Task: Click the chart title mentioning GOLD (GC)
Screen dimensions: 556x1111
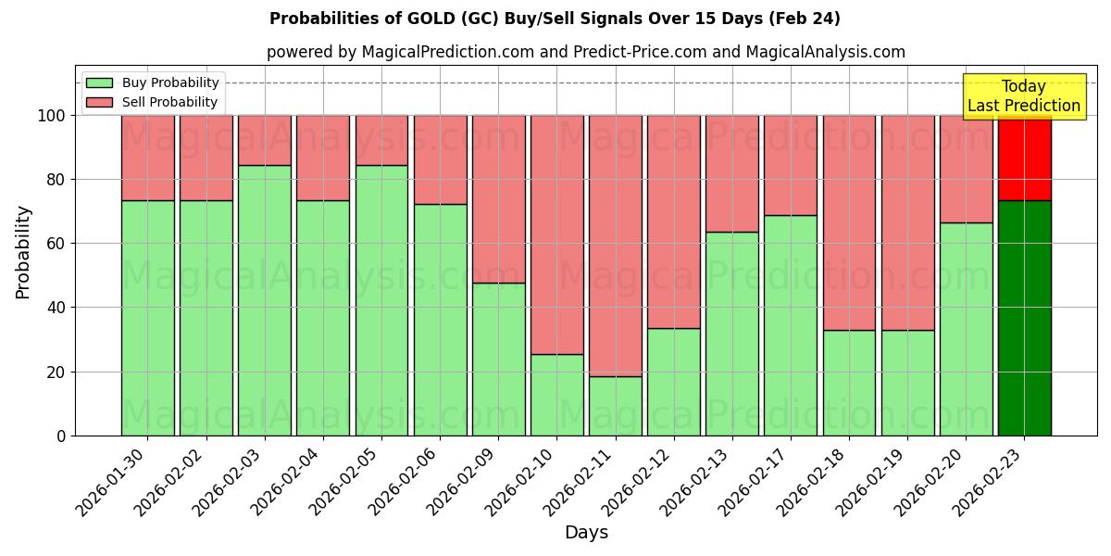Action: [555, 19]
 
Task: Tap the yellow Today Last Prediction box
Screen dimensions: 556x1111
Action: [1023, 96]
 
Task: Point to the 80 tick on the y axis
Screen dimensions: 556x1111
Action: [56, 180]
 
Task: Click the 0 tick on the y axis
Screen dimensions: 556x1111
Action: [61, 436]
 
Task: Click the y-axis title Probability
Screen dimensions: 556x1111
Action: [23, 252]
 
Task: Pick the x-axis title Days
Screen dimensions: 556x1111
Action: [586, 533]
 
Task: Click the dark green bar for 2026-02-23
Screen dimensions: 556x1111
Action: [1024, 318]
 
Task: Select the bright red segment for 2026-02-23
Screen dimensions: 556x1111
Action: [1024, 158]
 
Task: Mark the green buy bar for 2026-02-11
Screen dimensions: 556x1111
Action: [616, 406]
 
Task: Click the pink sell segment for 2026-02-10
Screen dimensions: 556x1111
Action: [556, 234]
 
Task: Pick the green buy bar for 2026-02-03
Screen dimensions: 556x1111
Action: [265, 300]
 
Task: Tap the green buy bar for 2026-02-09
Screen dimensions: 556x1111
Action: [498, 360]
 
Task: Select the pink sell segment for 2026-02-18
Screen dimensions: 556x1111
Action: [849, 222]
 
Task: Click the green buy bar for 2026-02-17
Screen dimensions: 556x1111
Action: [791, 325]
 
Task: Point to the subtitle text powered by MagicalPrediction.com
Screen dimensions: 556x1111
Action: [586, 52]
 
